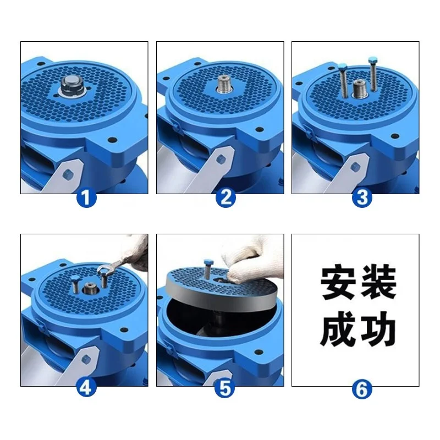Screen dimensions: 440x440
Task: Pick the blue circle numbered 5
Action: click(226, 388)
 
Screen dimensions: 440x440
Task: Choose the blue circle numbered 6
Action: click(361, 389)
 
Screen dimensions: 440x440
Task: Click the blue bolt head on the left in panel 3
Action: click(343, 68)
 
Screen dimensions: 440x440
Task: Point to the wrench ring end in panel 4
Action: click(104, 269)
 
